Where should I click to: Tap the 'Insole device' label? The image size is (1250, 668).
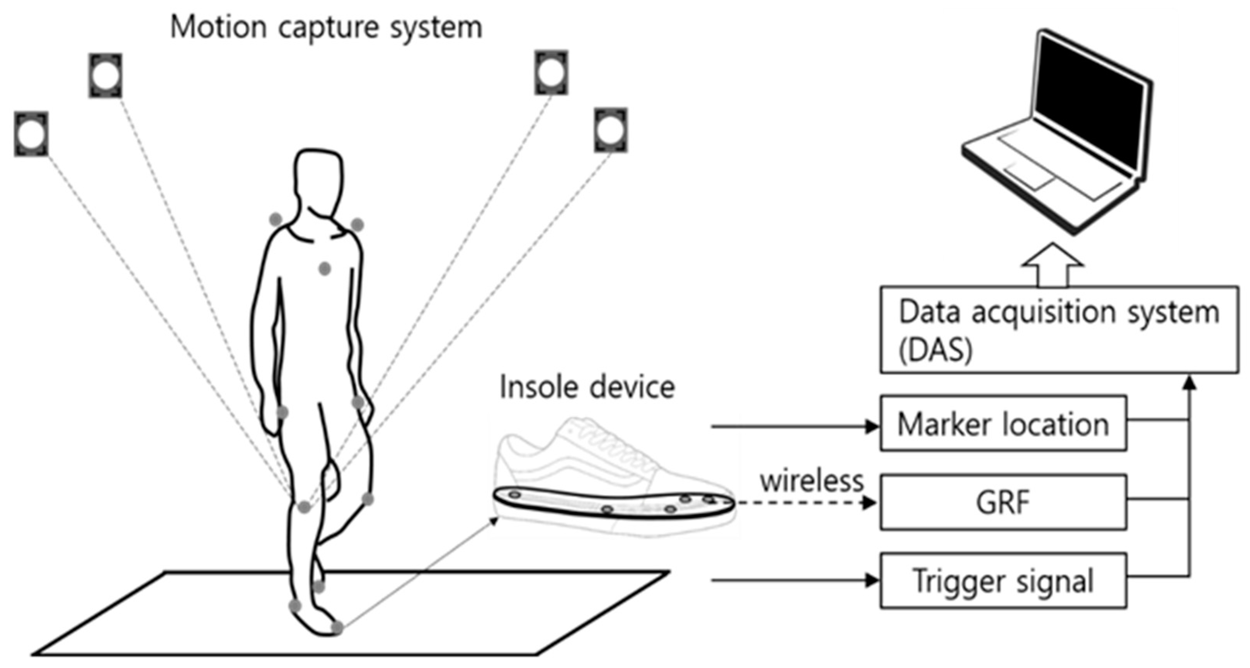tap(587, 387)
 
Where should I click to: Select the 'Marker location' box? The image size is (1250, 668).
tap(1003, 424)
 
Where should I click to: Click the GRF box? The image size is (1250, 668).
tap(1003, 502)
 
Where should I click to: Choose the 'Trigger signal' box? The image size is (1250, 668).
tap(1003, 581)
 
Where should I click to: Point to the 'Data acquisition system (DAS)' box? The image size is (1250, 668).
tap(1059, 330)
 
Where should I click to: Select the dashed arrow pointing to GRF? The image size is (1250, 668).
tap(806, 503)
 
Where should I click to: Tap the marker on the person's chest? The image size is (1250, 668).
tap(325, 268)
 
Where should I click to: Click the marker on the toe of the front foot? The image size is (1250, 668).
tap(337, 628)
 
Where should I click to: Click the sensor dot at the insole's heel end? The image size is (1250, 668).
tap(515, 495)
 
